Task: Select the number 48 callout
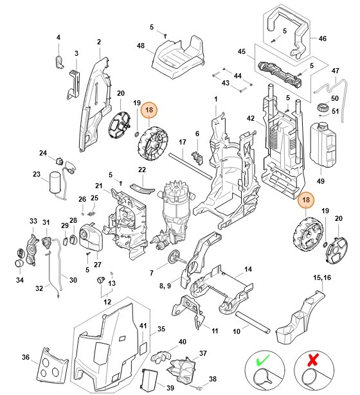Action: point(141,46)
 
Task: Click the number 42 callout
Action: point(251,118)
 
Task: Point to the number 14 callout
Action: point(248,269)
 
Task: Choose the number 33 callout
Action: point(33,222)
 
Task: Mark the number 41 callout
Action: point(143,326)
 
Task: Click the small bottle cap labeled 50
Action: point(321,107)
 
